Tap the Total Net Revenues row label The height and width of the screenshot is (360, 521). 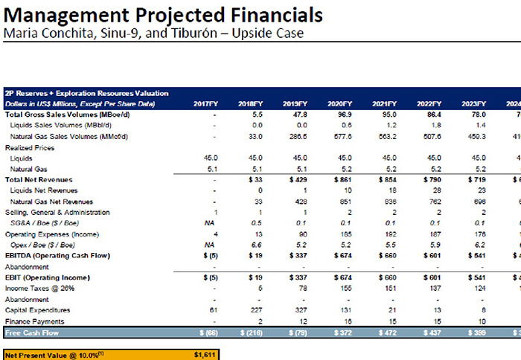coord(39,179)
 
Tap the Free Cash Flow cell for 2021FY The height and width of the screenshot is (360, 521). coord(384,332)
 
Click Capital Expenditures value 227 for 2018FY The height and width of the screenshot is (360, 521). coord(255,310)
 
